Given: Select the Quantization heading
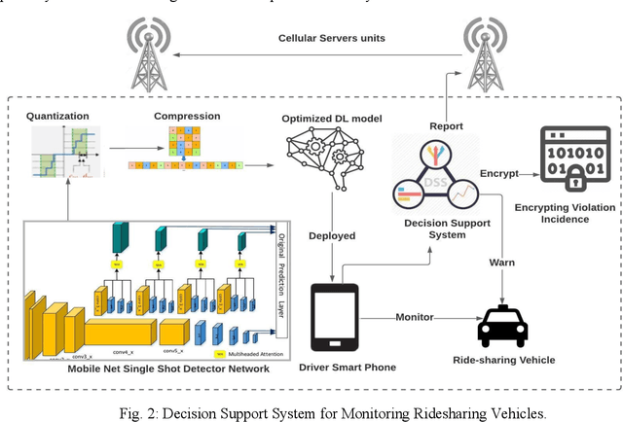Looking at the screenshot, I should point(57,116).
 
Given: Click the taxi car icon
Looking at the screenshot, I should point(502,326).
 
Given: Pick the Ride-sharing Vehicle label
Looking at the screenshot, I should point(503,360).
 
